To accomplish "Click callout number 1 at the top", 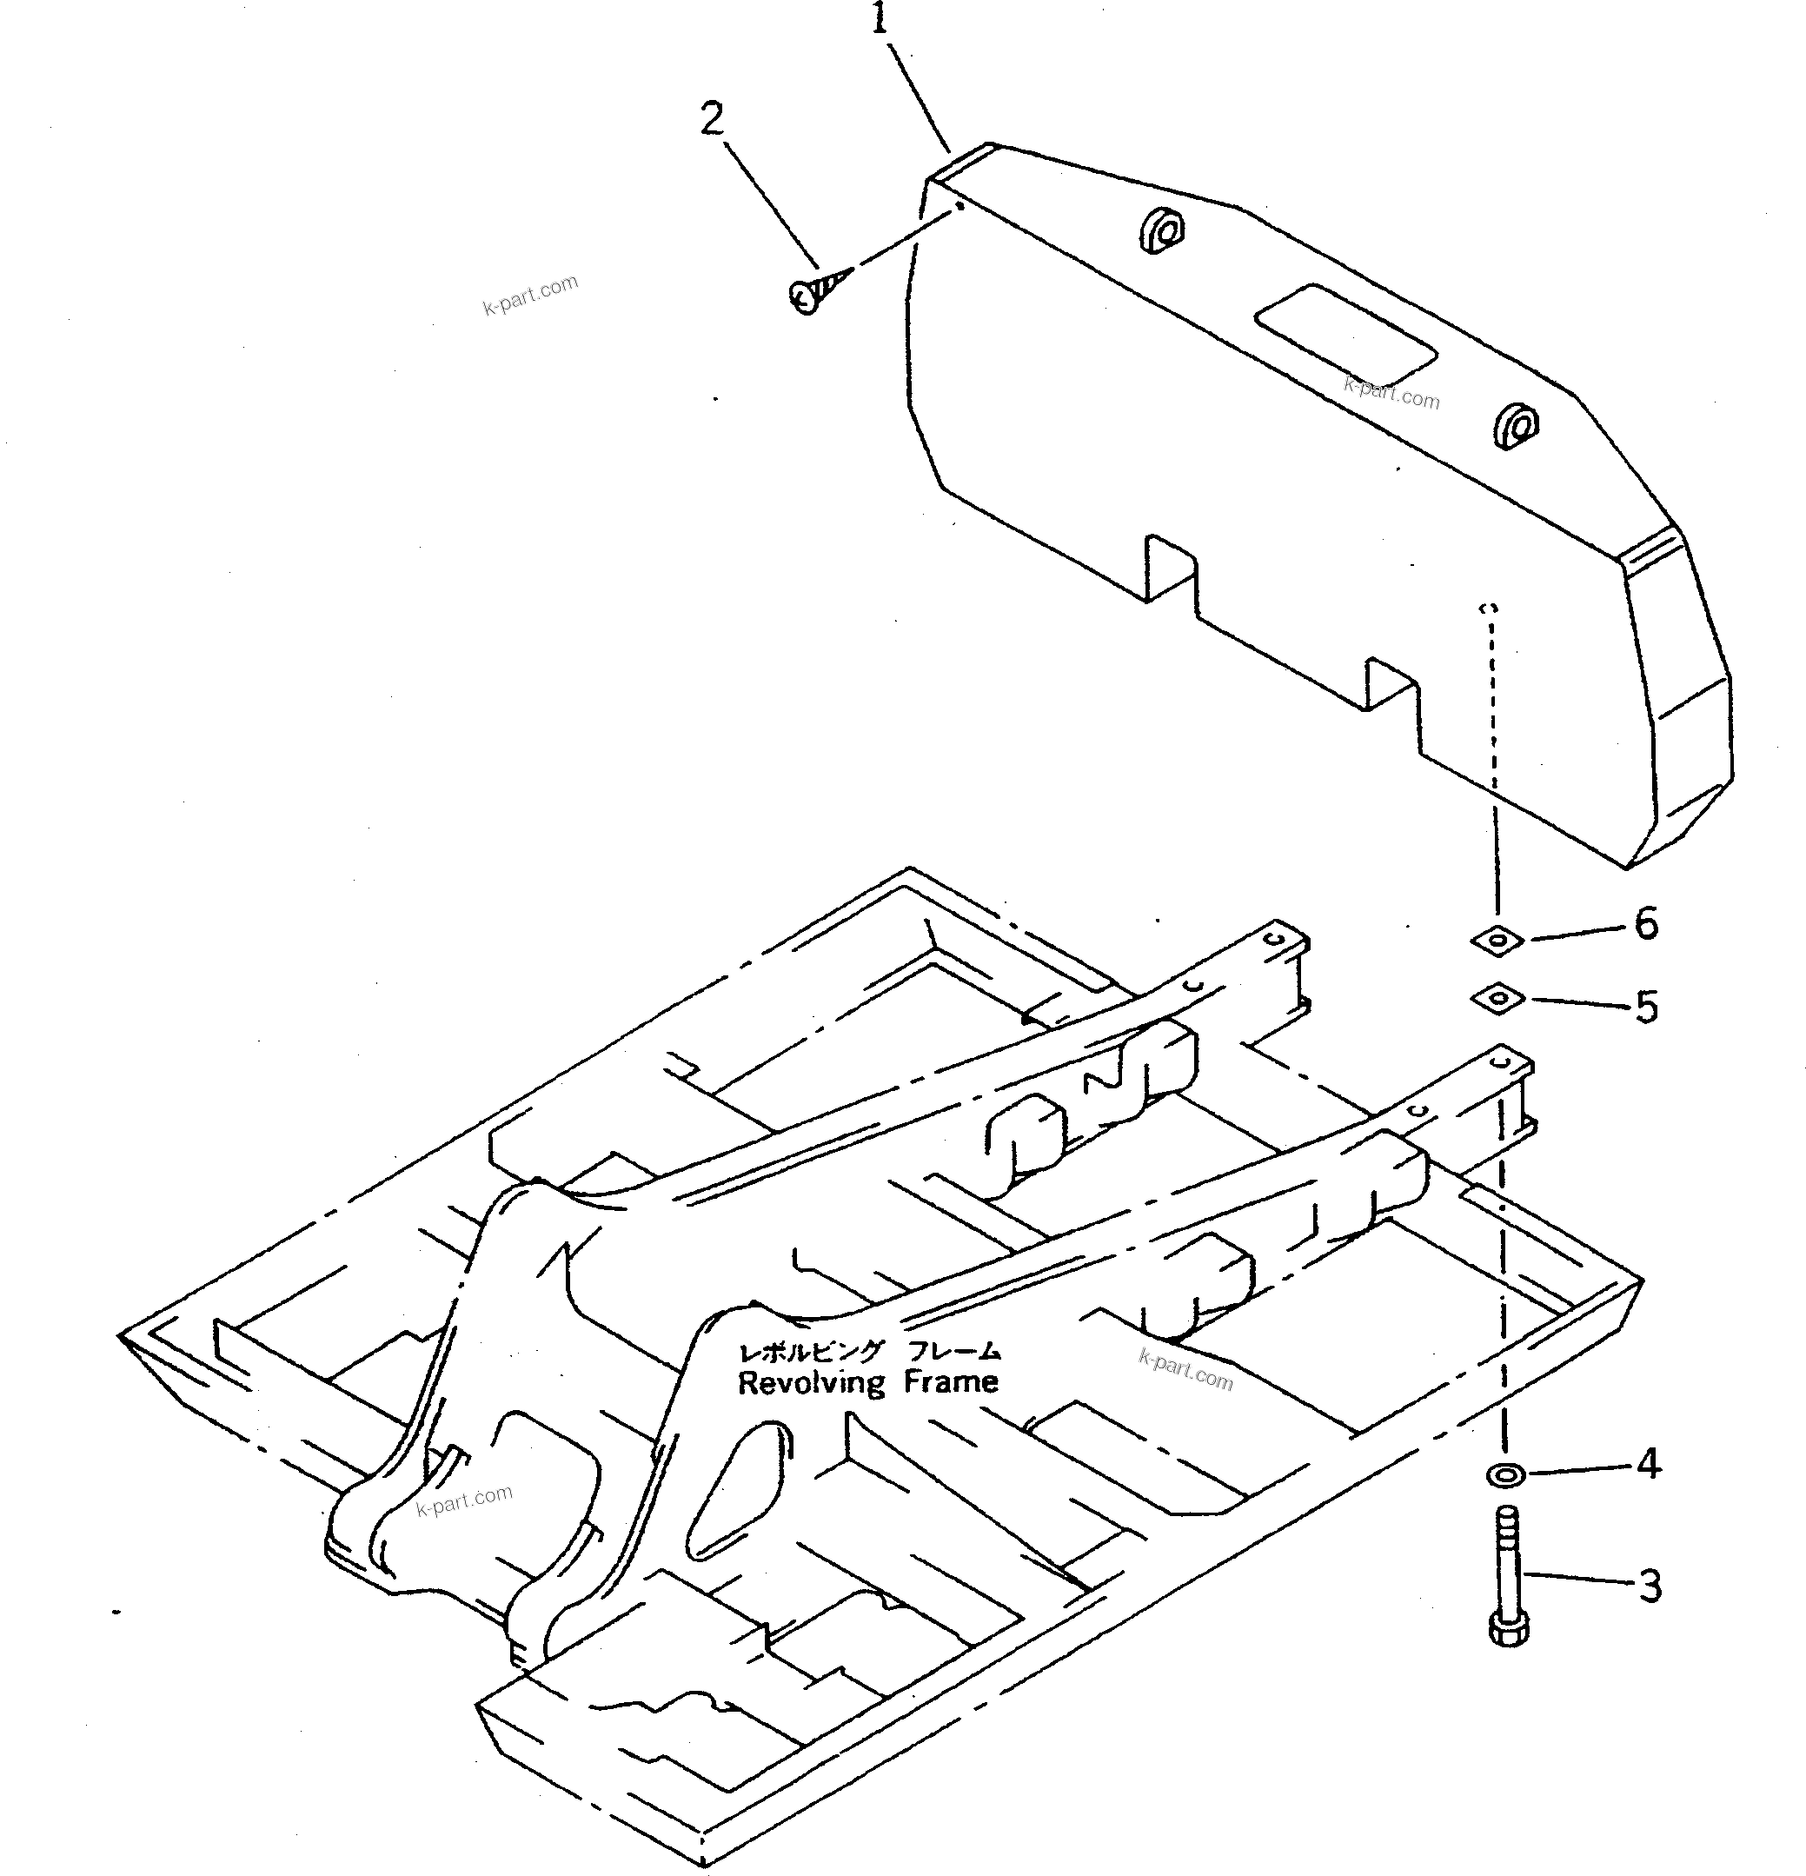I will pyautogui.click(x=880, y=18).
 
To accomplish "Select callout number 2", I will pyautogui.click(x=712, y=120).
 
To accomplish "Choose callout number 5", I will pyautogui.click(x=1646, y=1007).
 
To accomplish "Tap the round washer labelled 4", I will pyautogui.click(x=1506, y=1475).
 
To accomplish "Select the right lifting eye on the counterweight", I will pyautogui.click(x=1517, y=424).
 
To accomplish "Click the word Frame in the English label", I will pyautogui.click(x=953, y=1381).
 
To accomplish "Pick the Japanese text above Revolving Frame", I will pyautogui.click(x=868, y=1352).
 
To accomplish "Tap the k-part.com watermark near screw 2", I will pyautogui.click(x=530, y=294).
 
